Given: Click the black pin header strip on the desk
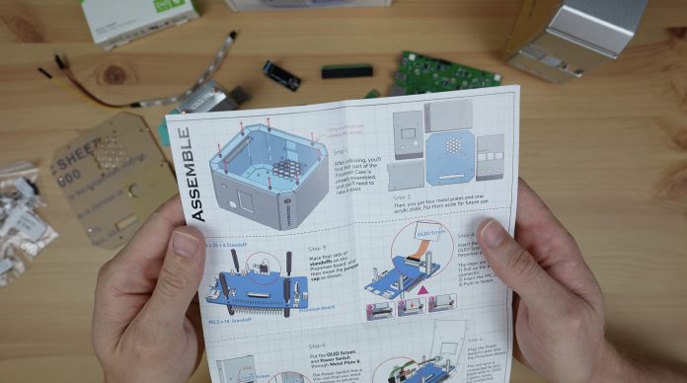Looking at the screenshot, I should pyautogui.click(x=346, y=71).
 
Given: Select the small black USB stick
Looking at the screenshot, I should pyautogui.click(x=281, y=75).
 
